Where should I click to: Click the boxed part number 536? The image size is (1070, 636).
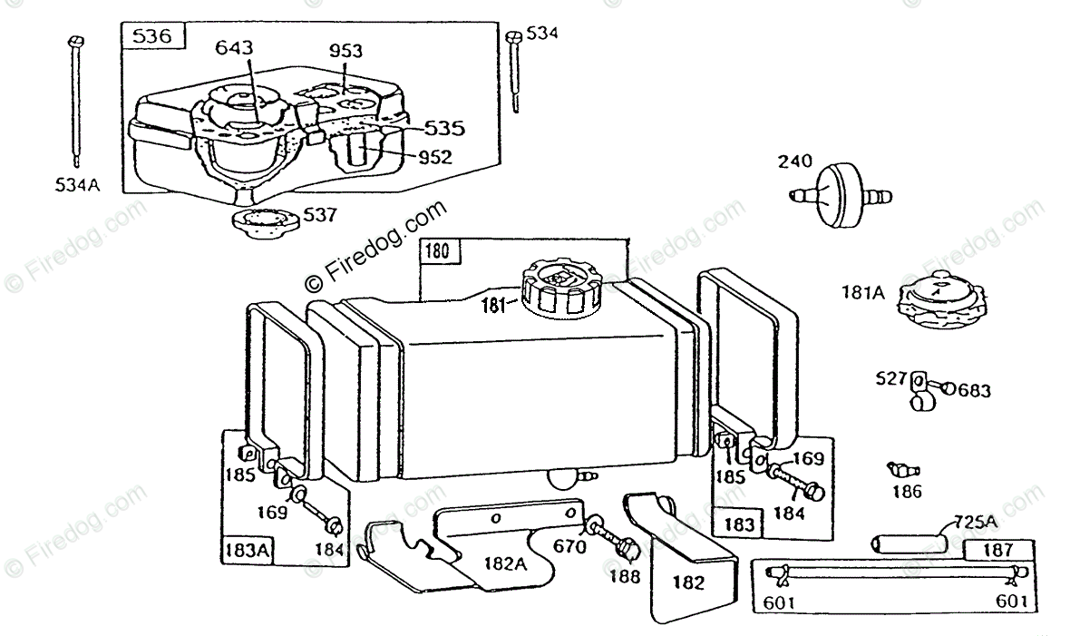[x=152, y=36]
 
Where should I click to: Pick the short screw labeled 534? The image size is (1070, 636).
[x=515, y=73]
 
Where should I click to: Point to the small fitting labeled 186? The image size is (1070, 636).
[x=903, y=470]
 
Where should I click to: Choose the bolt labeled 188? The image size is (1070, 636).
[x=625, y=549]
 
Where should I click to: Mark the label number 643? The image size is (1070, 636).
[x=234, y=47]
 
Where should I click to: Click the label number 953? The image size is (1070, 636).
[x=345, y=51]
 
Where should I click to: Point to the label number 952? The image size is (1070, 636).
[x=435, y=157]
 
